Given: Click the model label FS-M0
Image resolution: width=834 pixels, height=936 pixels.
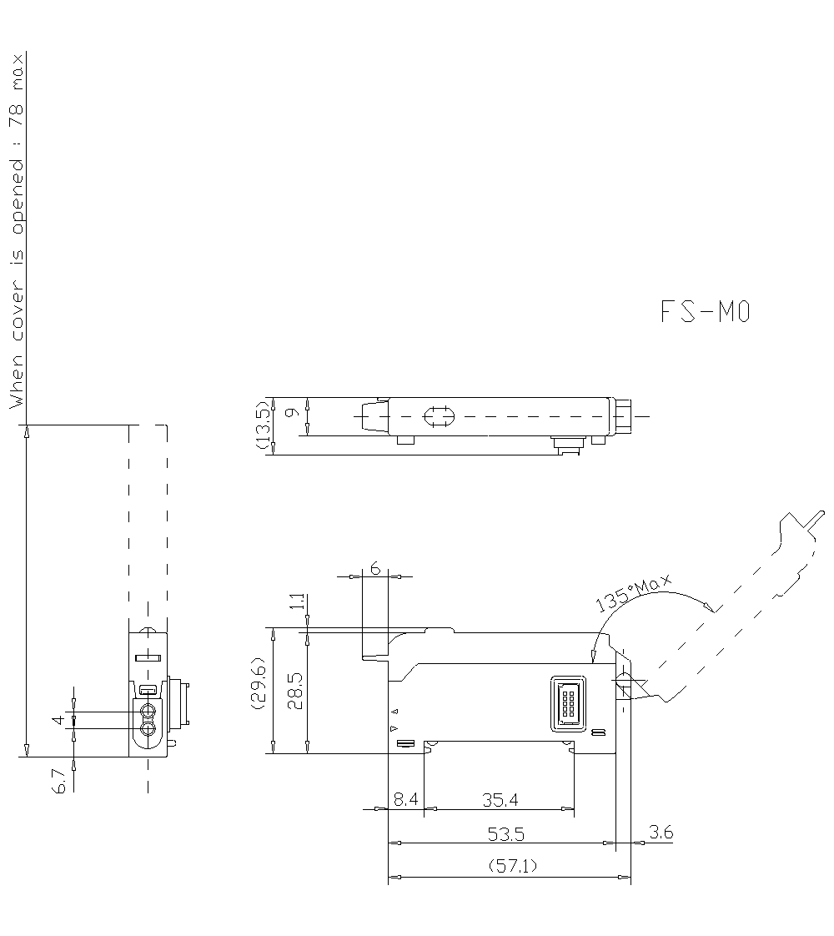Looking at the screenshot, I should tap(706, 312).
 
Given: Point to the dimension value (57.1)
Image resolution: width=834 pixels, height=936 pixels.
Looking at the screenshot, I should tap(512, 867).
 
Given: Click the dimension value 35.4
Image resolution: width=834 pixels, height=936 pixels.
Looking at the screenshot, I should tap(500, 799).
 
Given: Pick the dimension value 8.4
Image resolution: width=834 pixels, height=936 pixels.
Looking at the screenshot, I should tap(406, 799).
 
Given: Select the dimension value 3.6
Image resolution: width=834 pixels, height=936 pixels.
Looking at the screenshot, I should tap(661, 832).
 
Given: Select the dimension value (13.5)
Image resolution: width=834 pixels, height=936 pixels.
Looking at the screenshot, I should tap(263, 426).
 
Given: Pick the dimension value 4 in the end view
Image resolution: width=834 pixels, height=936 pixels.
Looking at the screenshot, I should tap(58, 719).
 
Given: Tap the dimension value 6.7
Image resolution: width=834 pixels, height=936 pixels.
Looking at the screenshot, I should tap(59, 782).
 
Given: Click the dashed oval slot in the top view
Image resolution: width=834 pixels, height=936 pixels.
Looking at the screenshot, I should tap(439, 415).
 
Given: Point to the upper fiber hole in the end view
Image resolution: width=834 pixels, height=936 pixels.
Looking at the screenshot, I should tap(148, 712).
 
